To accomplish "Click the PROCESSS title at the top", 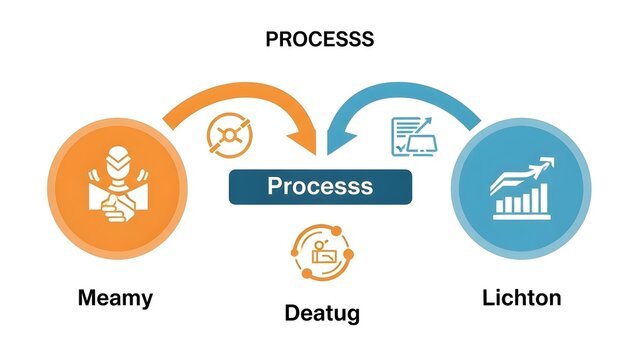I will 319,40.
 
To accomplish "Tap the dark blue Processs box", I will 319,186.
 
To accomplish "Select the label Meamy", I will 116,297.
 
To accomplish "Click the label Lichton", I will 521,297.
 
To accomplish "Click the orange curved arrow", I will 230,100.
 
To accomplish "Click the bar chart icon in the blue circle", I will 520,200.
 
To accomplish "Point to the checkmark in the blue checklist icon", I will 400,147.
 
